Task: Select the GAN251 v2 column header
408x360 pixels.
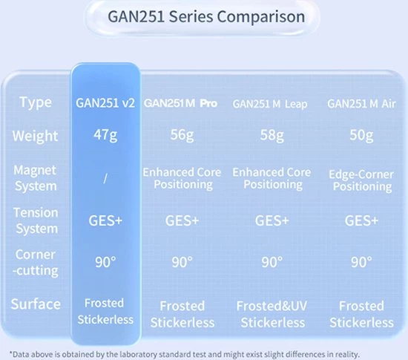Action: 105,102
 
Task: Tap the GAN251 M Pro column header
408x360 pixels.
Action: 181,102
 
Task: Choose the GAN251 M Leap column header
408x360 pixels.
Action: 272,102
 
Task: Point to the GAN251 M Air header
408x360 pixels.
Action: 361,102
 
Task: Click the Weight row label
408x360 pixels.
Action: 36,137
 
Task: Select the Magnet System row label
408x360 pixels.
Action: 36,177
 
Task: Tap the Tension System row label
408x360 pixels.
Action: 36,220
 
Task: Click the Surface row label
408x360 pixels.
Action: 36,304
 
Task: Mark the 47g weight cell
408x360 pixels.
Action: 105,137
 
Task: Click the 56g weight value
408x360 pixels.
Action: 181,137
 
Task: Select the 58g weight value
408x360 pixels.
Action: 272,137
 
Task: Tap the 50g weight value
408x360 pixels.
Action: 361,137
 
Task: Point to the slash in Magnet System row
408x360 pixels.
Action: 105,177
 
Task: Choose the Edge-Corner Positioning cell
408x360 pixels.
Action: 361,179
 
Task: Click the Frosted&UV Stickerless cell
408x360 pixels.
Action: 272,314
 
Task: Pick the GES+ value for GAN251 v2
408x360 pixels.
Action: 105,220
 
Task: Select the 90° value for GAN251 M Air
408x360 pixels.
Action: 361,262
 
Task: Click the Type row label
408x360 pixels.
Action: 36,102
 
